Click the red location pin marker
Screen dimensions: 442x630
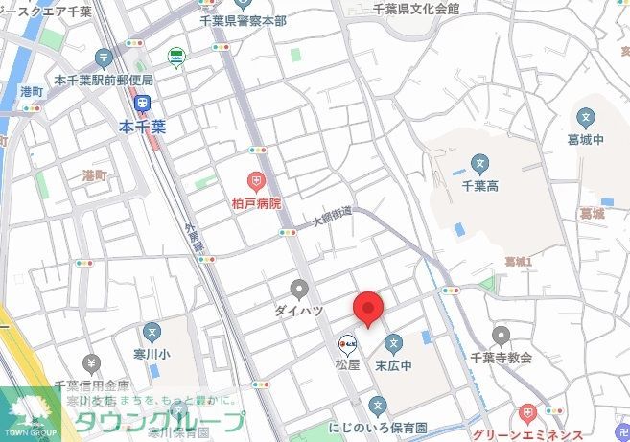(368, 309)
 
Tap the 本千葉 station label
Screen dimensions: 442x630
(142, 126)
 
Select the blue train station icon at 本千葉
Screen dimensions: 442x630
(142, 104)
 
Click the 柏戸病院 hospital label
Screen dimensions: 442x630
(256, 203)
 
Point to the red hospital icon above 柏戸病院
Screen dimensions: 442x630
(256, 181)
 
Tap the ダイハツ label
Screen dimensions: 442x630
(298, 311)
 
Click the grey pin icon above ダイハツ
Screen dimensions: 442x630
(299, 289)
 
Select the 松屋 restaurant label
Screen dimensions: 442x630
(347, 364)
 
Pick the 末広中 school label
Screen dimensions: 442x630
(393, 365)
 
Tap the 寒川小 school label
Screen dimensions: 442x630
(151, 354)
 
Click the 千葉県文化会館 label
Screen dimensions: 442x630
(415, 9)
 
